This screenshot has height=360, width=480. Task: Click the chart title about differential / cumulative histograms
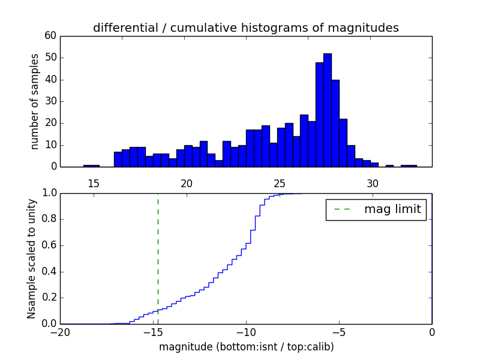[x=245, y=28]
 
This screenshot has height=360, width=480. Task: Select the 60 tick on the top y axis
[x=50, y=36]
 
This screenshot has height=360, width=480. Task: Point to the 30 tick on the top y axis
[x=50, y=101]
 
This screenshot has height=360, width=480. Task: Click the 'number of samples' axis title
[x=35, y=101]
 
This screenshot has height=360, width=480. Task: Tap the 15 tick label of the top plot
[x=93, y=184]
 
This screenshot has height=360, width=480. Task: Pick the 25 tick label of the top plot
[x=280, y=184]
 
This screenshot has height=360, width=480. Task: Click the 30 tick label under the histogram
[x=373, y=184]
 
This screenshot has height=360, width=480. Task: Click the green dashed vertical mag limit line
[x=158, y=252]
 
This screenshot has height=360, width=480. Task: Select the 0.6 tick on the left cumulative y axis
[x=50, y=245]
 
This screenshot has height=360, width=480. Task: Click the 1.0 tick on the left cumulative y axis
[x=50, y=193]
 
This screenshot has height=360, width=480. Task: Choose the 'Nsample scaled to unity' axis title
[x=32, y=259]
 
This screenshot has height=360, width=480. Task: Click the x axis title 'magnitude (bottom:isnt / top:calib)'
[x=246, y=347]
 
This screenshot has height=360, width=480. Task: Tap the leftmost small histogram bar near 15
[x=91, y=166]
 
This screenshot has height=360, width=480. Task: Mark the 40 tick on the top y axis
[x=50, y=80]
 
